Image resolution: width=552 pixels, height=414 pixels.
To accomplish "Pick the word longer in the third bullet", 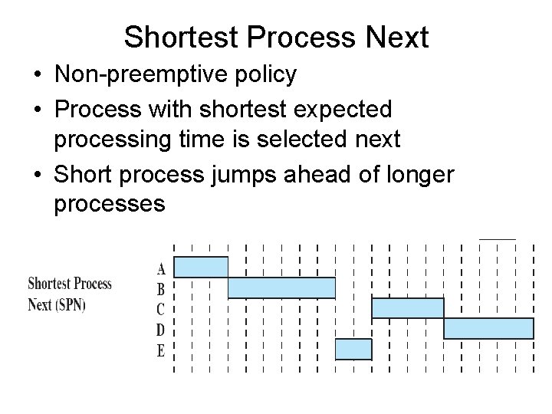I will [x=419, y=174].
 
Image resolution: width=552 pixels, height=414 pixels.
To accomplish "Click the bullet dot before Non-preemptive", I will [x=37, y=75].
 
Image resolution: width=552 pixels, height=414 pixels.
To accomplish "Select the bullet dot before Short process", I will [x=37, y=175].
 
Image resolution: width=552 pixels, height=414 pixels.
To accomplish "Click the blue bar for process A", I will [x=202, y=267].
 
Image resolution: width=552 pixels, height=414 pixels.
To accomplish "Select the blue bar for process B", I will [x=281, y=287].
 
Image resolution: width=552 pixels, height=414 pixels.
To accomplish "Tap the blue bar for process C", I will [x=407, y=308].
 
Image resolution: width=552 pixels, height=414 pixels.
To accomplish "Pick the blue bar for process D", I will [x=488, y=328].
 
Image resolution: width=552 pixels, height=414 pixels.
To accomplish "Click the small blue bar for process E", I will [x=353, y=349].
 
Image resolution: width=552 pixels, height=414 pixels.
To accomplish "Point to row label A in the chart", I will [x=161, y=269].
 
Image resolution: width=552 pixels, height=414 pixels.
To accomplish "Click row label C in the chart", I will [x=161, y=310].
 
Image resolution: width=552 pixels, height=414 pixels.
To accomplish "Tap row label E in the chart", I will [x=161, y=351].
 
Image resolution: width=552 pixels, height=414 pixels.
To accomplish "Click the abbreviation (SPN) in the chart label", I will [x=70, y=304].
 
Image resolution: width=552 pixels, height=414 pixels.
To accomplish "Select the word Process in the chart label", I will [x=92, y=284].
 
